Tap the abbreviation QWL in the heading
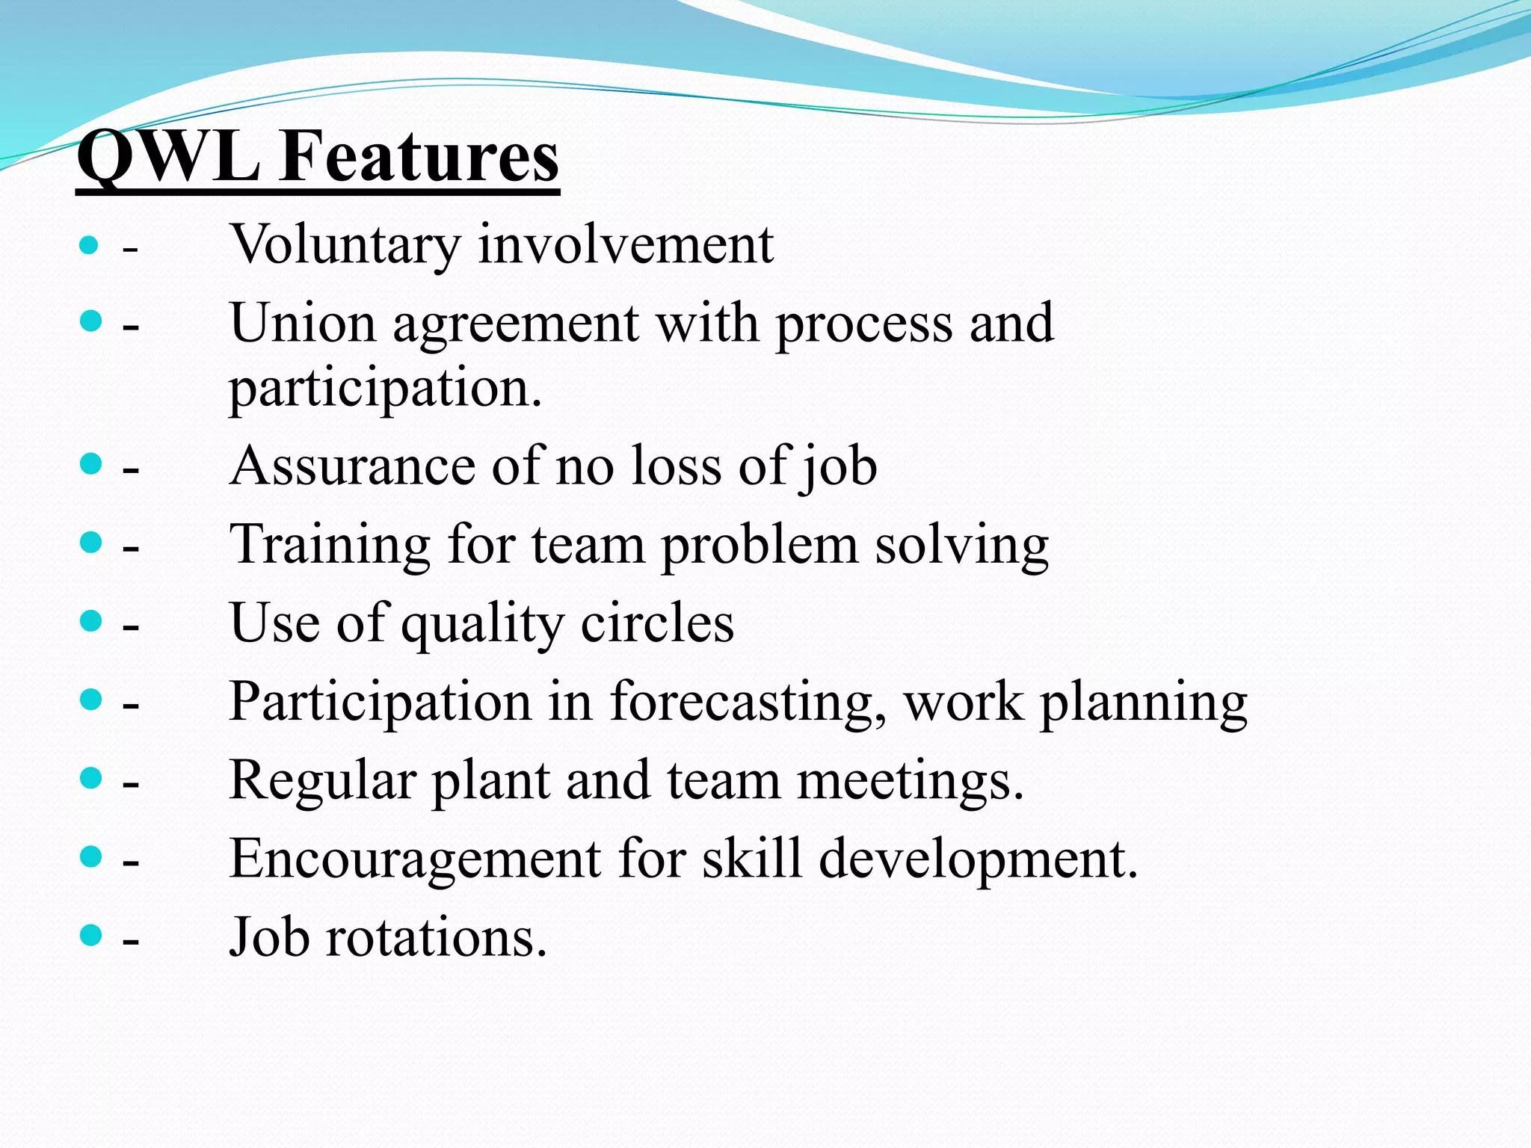pyautogui.click(x=169, y=157)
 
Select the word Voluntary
pyautogui.click(x=345, y=245)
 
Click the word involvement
pyautogui.click(x=626, y=245)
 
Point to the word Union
pyautogui.click(x=303, y=324)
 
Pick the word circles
pyautogui.click(x=657, y=623)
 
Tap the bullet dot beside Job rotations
pyautogui.click(x=90, y=934)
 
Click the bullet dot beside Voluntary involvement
pyautogui.click(x=89, y=244)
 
